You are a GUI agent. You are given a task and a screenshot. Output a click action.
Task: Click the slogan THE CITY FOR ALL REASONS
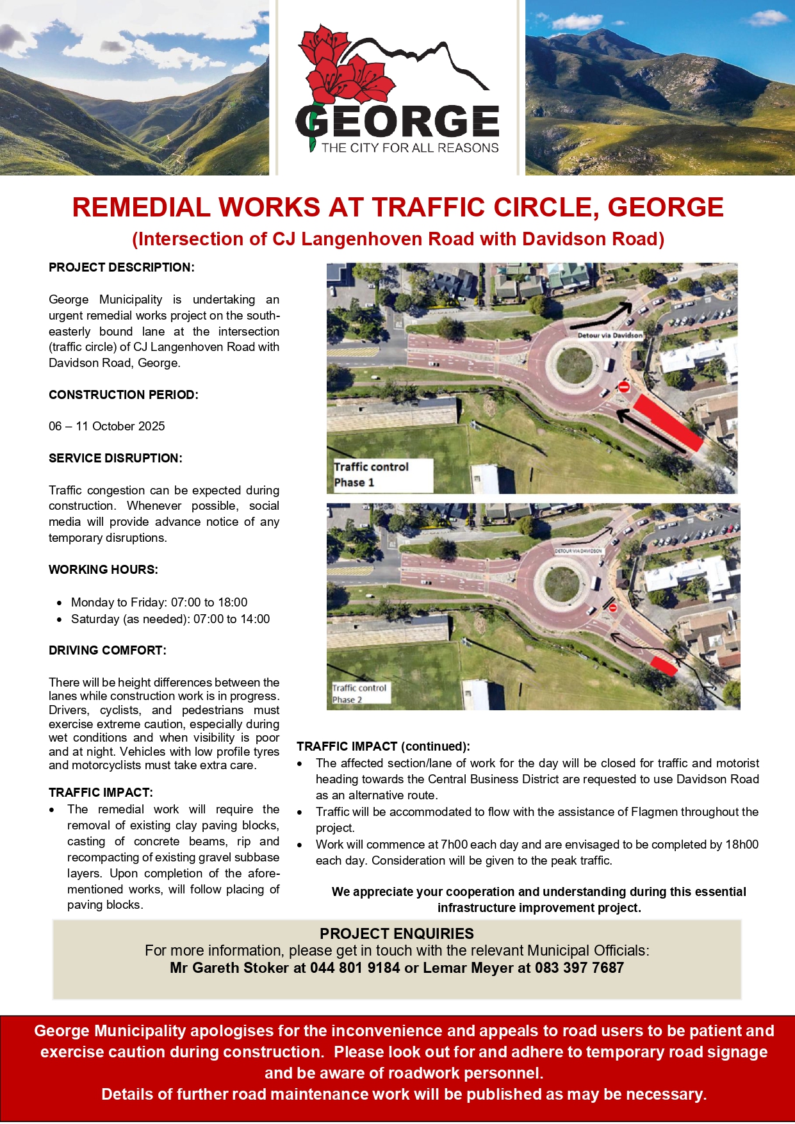(409, 148)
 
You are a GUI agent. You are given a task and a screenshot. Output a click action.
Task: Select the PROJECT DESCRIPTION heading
(121, 267)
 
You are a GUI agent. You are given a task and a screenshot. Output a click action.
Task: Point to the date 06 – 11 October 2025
(106, 426)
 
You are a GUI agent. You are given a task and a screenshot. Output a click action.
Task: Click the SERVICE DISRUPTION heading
(115, 458)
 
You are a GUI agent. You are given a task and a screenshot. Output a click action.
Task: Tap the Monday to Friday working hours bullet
(159, 602)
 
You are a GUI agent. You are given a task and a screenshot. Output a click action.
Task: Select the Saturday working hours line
(170, 619)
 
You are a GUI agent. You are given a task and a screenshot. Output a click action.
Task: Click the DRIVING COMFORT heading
(107, 650)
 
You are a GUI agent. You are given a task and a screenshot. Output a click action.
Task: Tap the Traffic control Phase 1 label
(371, 475)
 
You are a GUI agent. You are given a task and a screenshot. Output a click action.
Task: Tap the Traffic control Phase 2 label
(359, 694)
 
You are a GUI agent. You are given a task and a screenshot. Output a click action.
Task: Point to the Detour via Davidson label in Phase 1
(609, 335)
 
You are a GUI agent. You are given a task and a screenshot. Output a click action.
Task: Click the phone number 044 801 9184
(354, 968)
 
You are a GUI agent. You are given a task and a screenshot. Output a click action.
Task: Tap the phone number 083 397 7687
(579, 968)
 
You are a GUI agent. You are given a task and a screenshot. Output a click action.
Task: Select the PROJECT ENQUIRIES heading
(397, 933)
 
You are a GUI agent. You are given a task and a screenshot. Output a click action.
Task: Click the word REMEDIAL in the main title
(141, 208)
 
